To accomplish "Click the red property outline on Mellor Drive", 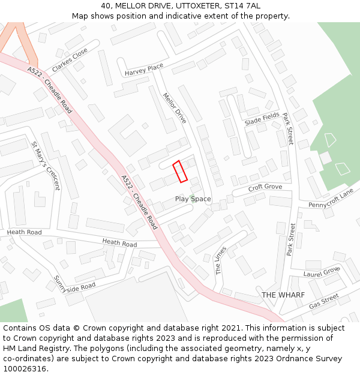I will point(181,172).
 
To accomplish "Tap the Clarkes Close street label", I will point(70,60).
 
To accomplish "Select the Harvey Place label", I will point(144,70).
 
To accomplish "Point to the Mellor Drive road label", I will point(175,108).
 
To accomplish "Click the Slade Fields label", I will point(262,118).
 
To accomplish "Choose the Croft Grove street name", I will point(265,187).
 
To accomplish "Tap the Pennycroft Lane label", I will point(331,199).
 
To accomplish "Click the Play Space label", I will point(193,199).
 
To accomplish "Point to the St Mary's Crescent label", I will point(46,165).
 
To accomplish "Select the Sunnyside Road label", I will point(74,281).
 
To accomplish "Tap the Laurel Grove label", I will point(322,271).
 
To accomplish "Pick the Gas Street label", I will point(324,301).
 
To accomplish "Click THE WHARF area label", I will point(283,295).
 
